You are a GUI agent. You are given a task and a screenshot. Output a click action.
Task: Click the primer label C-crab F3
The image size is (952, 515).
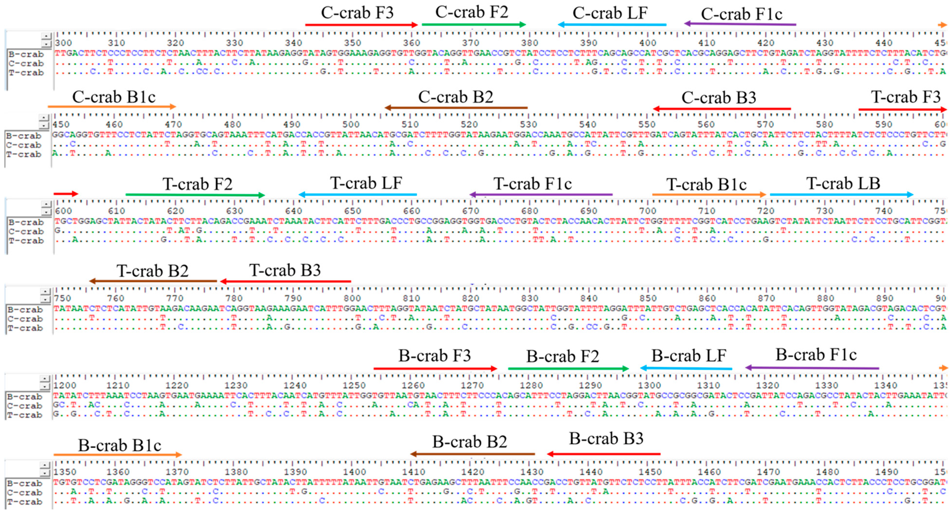point(357,13)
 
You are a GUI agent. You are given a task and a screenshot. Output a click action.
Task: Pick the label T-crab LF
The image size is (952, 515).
point(366,183)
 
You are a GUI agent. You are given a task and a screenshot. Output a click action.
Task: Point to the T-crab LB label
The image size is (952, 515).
point(843,183)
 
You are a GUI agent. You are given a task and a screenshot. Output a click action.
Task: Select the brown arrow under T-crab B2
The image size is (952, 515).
point(153,281)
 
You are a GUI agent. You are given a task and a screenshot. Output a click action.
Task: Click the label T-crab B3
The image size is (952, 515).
point(285,271)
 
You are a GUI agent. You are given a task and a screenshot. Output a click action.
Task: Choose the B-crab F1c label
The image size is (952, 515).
point(816,355)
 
